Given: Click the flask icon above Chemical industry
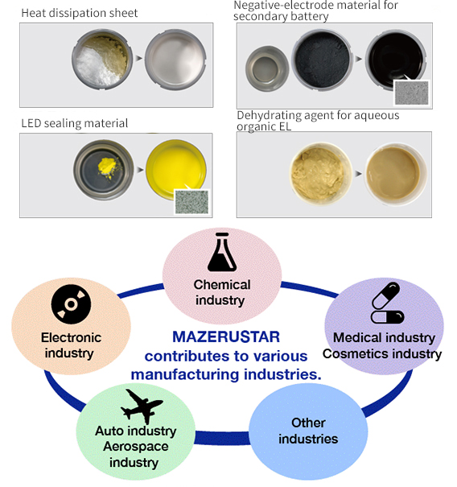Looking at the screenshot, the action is (x=222, y=252).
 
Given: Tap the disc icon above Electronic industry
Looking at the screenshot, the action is (x=71, y=304).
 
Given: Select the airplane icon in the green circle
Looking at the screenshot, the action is (x=142, y=407).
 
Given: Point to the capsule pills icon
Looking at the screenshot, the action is (x=388, y=303).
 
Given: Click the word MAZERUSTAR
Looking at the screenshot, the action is (x=226, y=337).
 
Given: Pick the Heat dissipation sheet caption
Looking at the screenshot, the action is (x=79, y=13).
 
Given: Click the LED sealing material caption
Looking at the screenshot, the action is (x=75, y=123).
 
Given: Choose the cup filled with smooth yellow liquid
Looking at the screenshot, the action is (x=176, y=169).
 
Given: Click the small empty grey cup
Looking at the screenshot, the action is (x=267, y=69).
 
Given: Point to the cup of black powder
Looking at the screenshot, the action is (x=323, y=60).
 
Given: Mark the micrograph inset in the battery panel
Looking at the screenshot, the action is (x=411, y=93).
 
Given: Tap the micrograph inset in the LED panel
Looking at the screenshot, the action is (x=191, y=202).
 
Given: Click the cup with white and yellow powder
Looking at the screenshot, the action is (x=102, y=60).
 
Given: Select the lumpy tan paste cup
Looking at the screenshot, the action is (x=321, y=173).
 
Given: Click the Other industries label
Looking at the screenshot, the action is (x=308, y=431).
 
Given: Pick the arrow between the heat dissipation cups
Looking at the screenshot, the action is (x=138, y=58).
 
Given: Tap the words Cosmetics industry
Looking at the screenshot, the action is (x=382, y=353).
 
